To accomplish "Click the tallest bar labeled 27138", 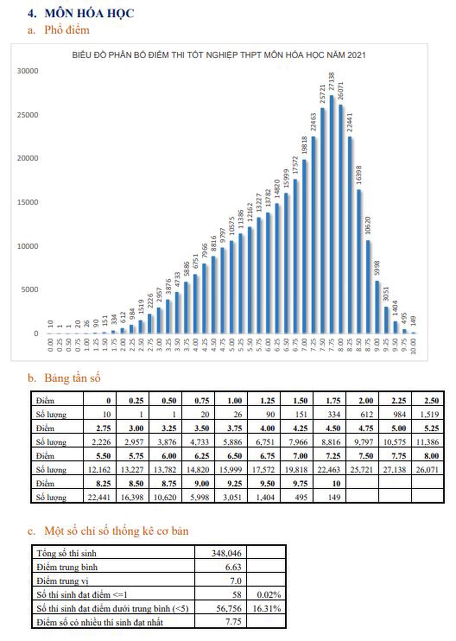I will pyautogui.click(x=331, y=214).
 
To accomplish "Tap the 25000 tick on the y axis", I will pyautogui.click(x=27, y=115).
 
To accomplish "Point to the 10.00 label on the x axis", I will pyautogui.click(x=413, y=346).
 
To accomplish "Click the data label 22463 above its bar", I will pyautogui.click(x=313, y=122).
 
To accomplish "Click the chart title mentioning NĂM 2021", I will pyautogui.click(x=219, y=55).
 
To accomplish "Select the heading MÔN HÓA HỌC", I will pyautogui.click(x=89, y=13).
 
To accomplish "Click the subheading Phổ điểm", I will pyautogui.click(x=67, y=30).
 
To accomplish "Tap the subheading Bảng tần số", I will pyautogui.click(x=72, y=378).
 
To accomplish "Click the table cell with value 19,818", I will pyautogui.click(x=296, y=469).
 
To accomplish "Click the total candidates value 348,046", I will pyautogui.click(x=226, y=553).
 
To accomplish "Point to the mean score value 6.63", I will pyautogui.click(x=233, y=567).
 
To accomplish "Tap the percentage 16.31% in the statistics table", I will pyautogui.click(x=266, y=608).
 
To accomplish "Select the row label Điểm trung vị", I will pyautogui.click(x=62, y=581).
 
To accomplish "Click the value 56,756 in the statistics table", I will pyautogui.click(x=229, y=608).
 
